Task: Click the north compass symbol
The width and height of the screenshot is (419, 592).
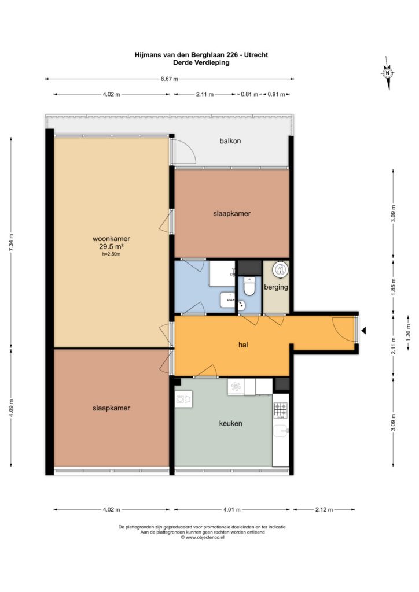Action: point(388,73)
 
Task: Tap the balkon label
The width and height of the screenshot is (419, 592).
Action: point(230,141)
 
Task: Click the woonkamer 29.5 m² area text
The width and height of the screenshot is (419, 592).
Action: point(112,246)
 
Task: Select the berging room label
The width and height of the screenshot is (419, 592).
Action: point(276,287)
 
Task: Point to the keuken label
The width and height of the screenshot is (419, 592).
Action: point(230,423)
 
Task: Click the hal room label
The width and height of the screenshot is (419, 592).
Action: point(243,345)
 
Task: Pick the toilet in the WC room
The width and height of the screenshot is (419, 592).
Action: point(249,286)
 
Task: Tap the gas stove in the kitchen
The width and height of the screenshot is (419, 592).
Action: point(280,411)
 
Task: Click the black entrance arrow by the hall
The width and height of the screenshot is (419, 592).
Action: point(363,331)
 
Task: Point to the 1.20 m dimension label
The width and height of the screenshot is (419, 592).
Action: point(408,332)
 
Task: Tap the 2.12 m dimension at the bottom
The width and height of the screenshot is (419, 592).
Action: point(324,510)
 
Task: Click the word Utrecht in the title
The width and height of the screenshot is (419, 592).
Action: point(256,55)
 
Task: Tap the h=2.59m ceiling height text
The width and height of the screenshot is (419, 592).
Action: point(112,254)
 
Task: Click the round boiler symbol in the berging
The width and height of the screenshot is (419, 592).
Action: point(280,269)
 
